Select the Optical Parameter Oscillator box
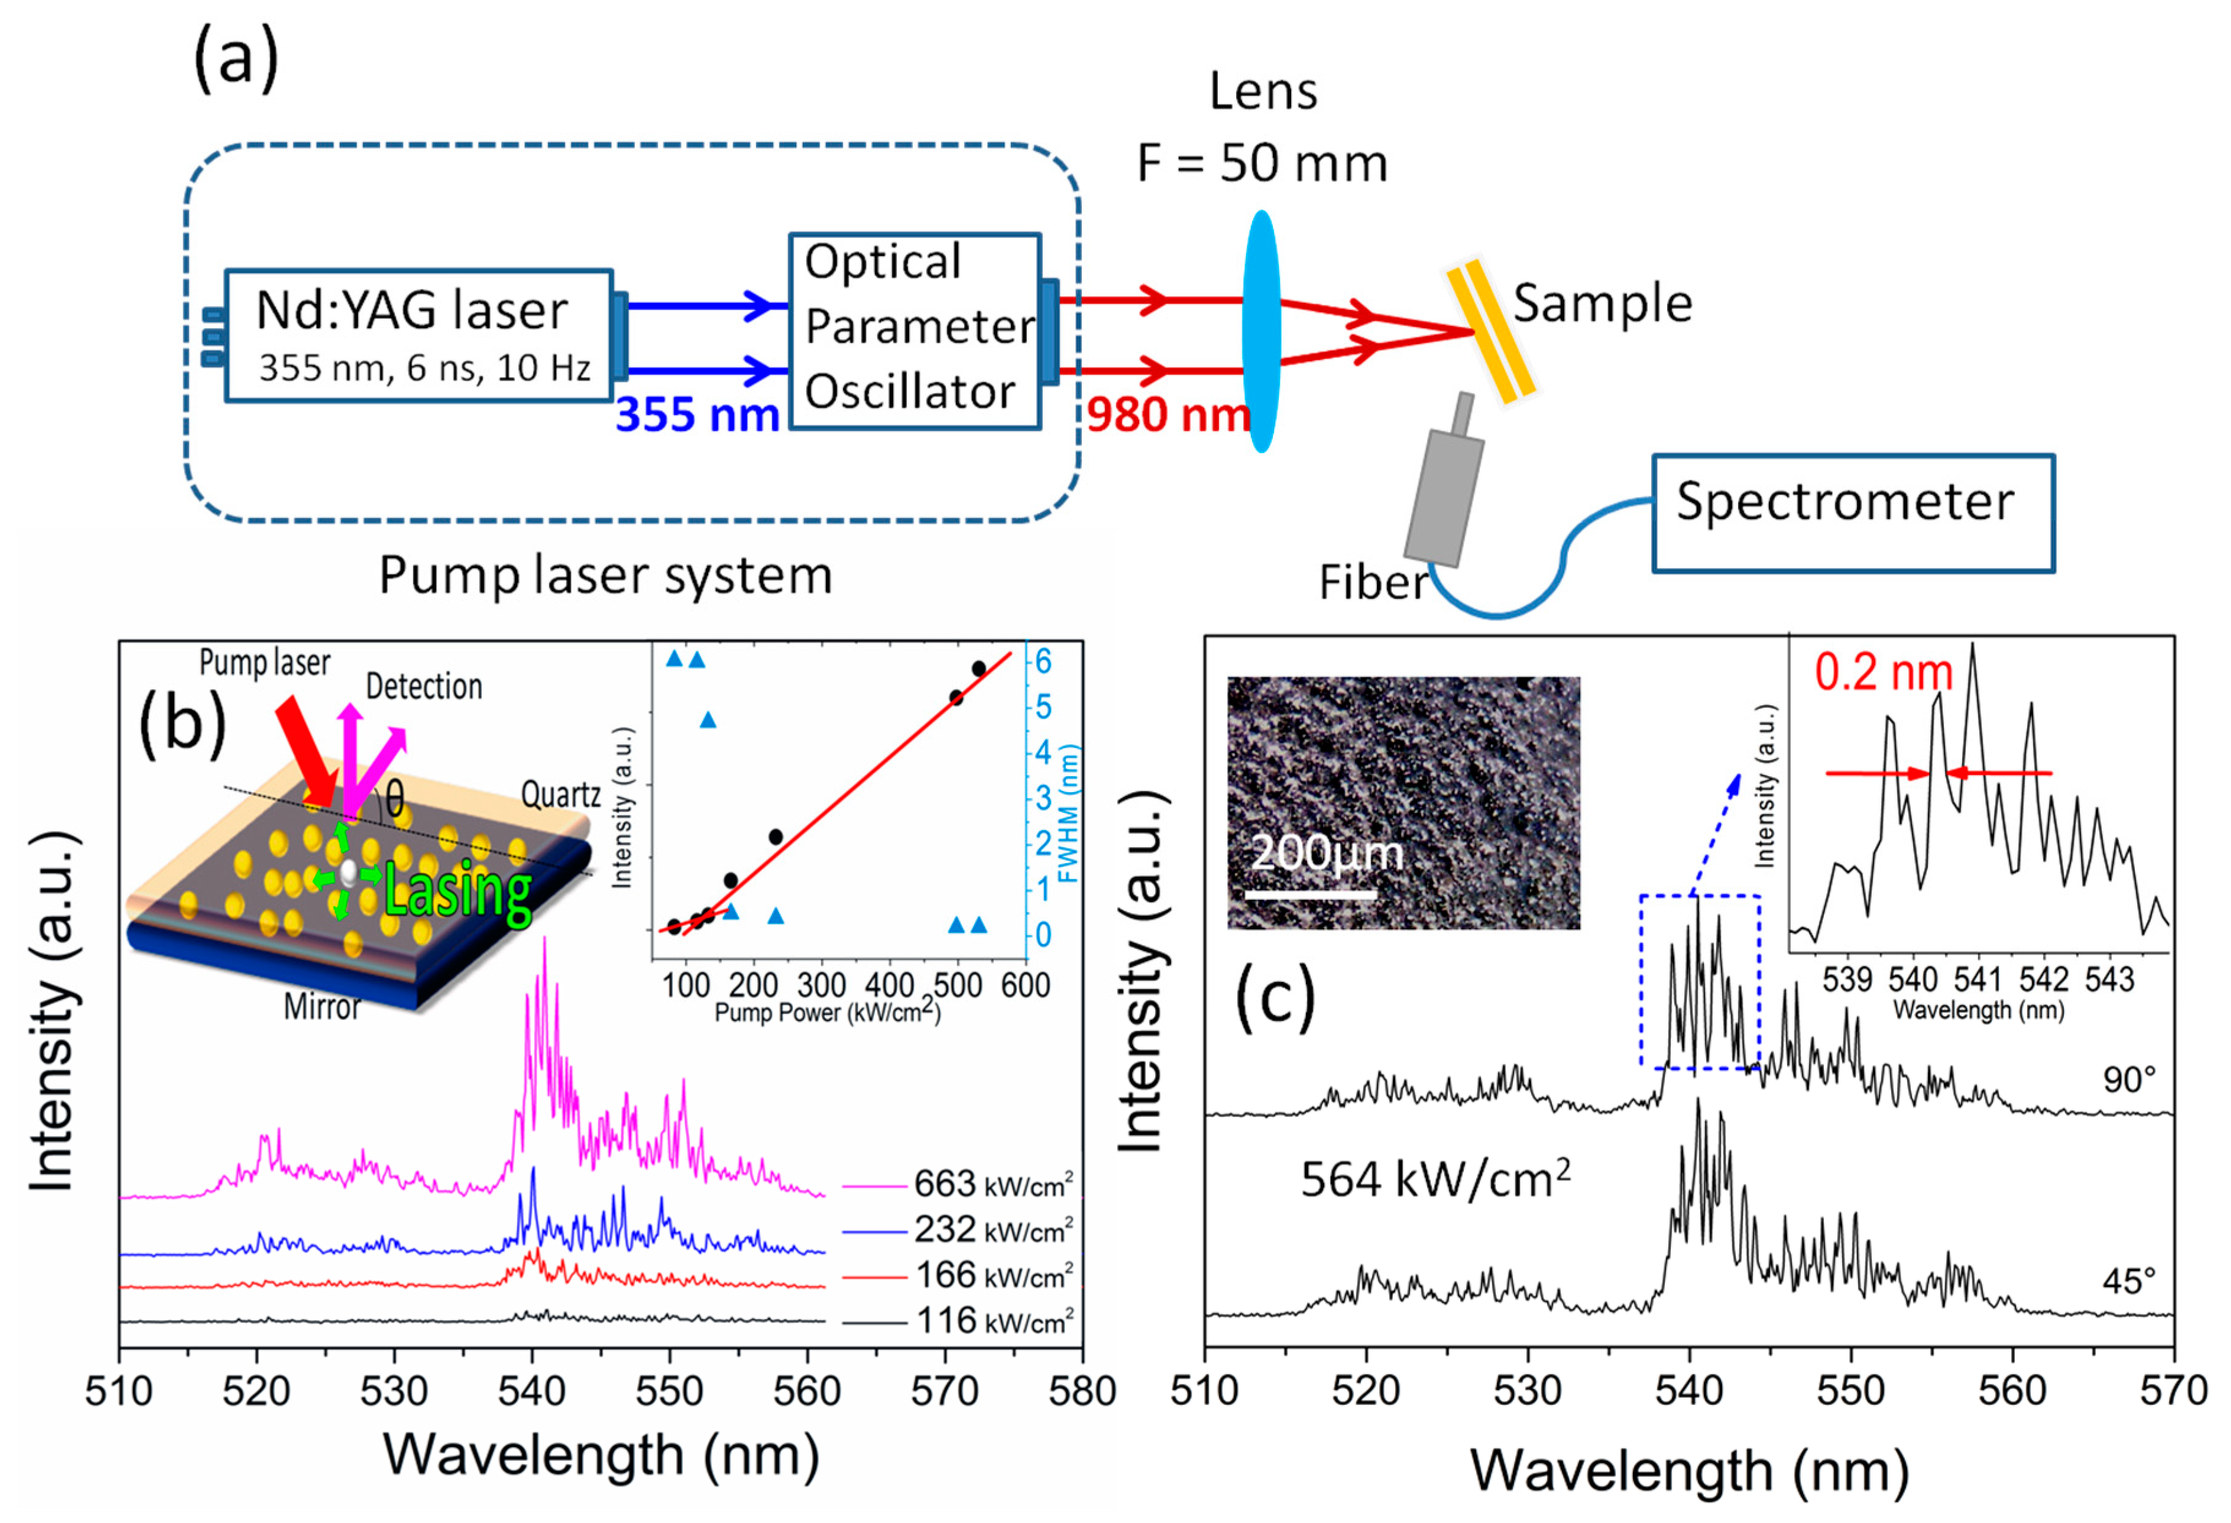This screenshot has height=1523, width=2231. click(x=914, y=331)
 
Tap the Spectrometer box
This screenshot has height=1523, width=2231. click(x=1852, y=514)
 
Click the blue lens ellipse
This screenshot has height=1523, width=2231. click(x=1261, y=331)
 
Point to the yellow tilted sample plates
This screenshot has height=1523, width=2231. click(x=1491, y=331)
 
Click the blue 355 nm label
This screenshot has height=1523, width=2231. click(x=697, y=414)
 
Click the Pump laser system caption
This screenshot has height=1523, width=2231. click(x=606, y=576)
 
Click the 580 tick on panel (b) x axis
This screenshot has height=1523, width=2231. click(x=1082, y=1391)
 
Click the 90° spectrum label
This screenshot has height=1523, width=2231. click(x=2128, y=1080)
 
